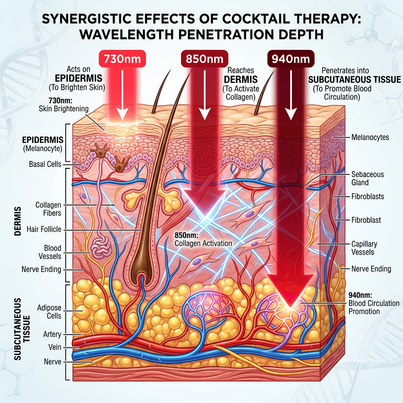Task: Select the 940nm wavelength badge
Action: coord(290,59)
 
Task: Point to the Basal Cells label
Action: coord(45,164)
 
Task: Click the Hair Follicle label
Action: coord(44,229)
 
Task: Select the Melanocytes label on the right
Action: coord(370,137)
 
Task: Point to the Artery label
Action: coord(52,335)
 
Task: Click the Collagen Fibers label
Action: coord(48,209)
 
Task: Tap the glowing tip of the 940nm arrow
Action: coord(291,303)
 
